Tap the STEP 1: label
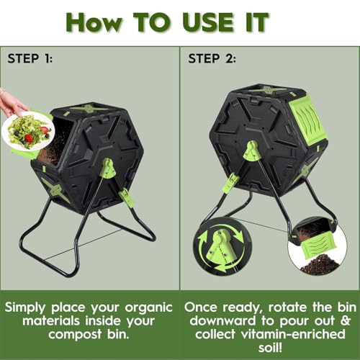tap(30, 58)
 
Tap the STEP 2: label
tap(212, 58)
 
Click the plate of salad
tap(28, 132)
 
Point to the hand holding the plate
tap(12, 103)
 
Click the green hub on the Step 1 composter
tap(107, 168)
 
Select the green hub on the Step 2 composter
tap(251, 151)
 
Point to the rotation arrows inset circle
tap(222, 246)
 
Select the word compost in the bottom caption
tap(75, 335)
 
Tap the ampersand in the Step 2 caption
tap(346, 320)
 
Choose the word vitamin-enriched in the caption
tap(293, 334)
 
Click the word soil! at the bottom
tap(270, 348)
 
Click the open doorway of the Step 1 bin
tap(55, 140)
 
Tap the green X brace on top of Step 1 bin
tap(89, 109)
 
